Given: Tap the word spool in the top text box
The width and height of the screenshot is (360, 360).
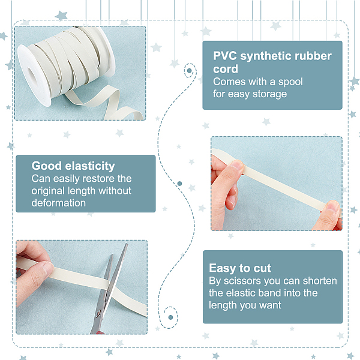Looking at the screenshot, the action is point(290,82).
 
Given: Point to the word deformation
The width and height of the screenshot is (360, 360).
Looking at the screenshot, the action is point(59,203).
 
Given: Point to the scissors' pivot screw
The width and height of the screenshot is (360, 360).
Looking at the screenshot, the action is point(98,313).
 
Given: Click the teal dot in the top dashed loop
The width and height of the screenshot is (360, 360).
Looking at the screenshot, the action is point(190,71).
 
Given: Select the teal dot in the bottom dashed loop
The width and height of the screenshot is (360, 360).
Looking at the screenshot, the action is point(170,317).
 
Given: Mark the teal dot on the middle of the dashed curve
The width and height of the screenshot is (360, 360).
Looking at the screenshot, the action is point(180,184).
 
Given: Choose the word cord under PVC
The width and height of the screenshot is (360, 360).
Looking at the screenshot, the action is point(226,69).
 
